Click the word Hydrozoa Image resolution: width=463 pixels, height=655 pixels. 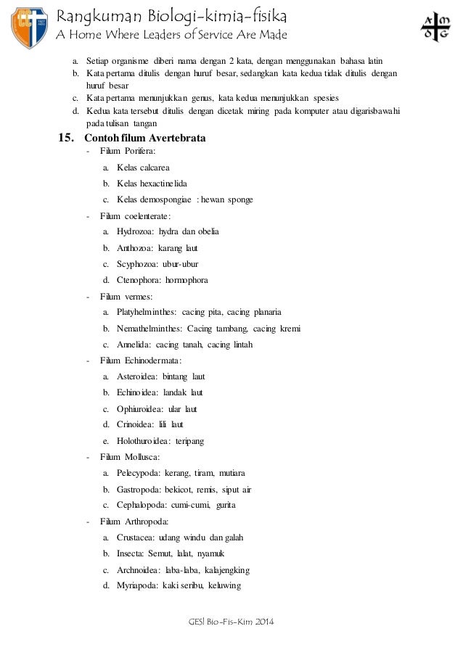[135, 231]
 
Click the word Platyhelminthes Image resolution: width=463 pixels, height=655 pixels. [147, 312]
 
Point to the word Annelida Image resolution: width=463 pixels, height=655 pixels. [133, 345]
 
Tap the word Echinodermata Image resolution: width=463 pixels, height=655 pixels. [154, 361]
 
